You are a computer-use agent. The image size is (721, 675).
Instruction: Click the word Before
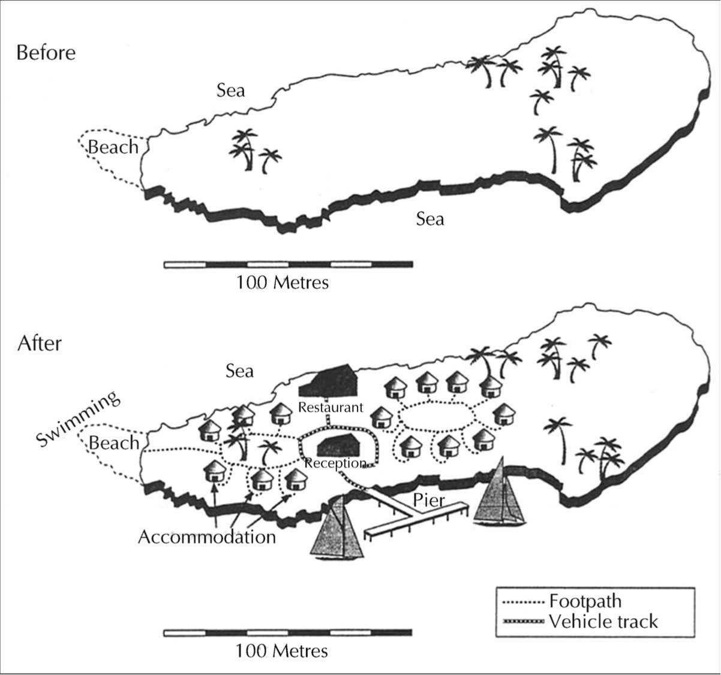(x=46, y=53)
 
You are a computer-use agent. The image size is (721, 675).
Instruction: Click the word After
(x=40, y=343)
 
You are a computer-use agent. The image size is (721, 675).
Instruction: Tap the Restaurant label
(x=331, y=408)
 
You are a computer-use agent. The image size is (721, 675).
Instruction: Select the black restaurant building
(x=328, y=380)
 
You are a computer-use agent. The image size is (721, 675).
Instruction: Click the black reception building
(x=338, y=445)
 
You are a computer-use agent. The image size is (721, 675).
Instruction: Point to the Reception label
(x=335, y=463)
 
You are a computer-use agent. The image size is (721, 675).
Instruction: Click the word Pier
(x=429, y=501)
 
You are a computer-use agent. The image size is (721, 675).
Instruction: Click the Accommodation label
(x=207, y=537)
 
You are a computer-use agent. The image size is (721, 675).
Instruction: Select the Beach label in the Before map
(x=113, y=147)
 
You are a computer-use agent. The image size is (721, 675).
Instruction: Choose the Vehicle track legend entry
(x=580, y=622)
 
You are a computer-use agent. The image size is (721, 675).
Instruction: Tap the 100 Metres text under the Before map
(x=283, y=282)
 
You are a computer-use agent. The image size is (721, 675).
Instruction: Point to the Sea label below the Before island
(x=430, y=219)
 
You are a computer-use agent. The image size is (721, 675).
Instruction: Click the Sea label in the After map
(x=239, y=371)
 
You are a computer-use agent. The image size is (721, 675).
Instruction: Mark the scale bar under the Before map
(x=289, y=264)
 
